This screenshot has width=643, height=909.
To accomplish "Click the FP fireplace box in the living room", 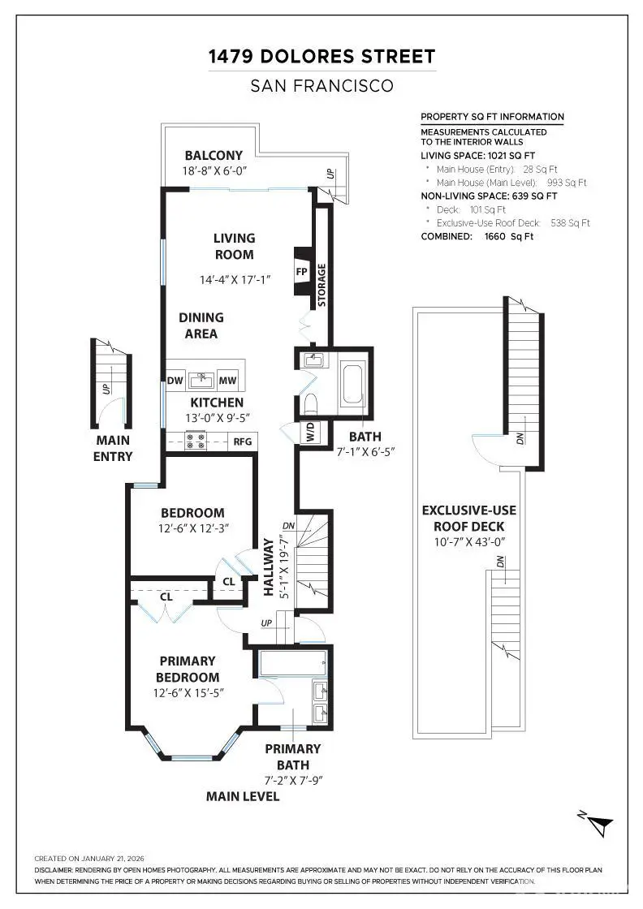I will coord(300,272).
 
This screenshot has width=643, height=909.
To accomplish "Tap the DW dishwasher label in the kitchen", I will coord(175,380).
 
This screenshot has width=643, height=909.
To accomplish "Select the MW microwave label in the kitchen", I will coord(228,380).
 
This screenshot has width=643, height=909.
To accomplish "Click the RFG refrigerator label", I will coord(242,442).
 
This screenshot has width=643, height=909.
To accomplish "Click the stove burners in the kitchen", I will coord(196,441).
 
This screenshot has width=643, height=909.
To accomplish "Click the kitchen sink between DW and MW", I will coord(201,379).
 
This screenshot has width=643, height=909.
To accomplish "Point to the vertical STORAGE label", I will coord(321,285).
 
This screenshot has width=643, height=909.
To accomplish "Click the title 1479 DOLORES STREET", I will coord(321,57).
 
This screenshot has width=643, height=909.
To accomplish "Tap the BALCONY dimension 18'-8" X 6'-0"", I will coord(214,171).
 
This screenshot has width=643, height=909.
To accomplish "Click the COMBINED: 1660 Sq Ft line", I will coord(477,236).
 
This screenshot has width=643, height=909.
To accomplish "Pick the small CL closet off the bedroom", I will coord(228,582).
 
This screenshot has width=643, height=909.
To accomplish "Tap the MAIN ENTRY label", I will coord(112,448).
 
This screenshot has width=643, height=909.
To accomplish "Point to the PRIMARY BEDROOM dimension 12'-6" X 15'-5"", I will coord(188,693).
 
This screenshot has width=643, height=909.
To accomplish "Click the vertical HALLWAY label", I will coord(268,567).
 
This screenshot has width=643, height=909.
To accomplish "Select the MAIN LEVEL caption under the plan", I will coord(243,796).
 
